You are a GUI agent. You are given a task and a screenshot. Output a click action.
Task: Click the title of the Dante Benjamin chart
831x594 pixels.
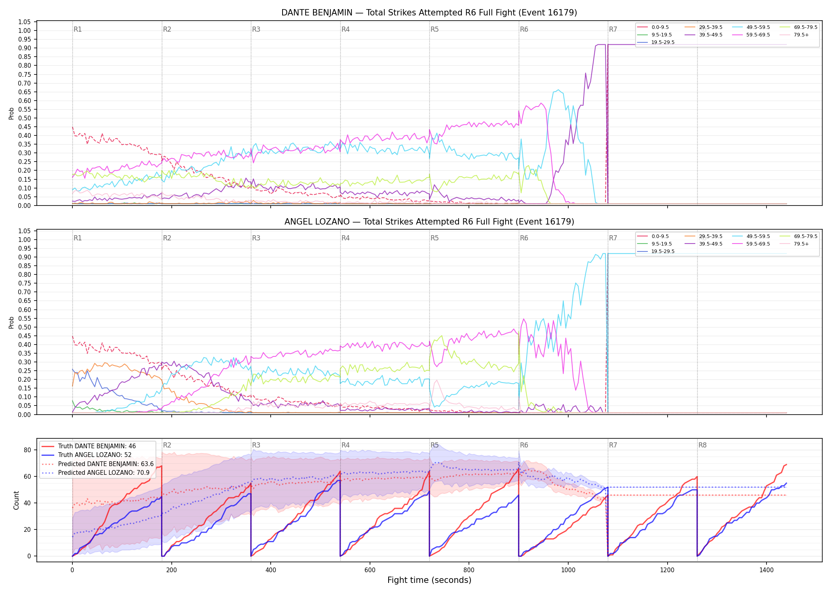pyautogui.click(x=429, y=13)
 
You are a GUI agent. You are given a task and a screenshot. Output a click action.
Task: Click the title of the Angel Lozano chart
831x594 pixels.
pyautogui.click(x=429, y=222)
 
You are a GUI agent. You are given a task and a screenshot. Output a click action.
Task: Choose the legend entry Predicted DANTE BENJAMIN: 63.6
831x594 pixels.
pyautogui.click(x=98, y=464)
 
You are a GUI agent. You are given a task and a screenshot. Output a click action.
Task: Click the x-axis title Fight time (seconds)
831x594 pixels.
pyautogui.click(x=429, y=580)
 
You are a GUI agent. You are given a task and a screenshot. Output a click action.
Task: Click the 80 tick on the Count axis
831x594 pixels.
pyautogui.click(x=27, y=450)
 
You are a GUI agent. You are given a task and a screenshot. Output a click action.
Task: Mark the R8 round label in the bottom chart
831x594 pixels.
pyautogui.click(x=702, y=445)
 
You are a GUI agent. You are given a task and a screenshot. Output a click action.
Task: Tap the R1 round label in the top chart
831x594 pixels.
pyautogui.click(x=78, y=29)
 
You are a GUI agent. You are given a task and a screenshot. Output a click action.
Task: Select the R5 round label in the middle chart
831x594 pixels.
pyautogui.click(x=434, y=238)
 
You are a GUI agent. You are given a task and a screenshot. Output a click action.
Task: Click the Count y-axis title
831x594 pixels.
pyautogui.click(x=16, y=500)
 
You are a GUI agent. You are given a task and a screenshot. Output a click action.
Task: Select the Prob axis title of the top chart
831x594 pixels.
pyautogui.click(x=11, y=114)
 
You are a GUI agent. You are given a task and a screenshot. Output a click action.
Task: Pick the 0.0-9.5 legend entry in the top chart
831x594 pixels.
pyautogui.click(x=653, y=27)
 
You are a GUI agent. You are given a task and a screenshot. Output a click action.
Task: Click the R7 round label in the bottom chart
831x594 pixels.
pyautogui.click(x=613, y=445)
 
